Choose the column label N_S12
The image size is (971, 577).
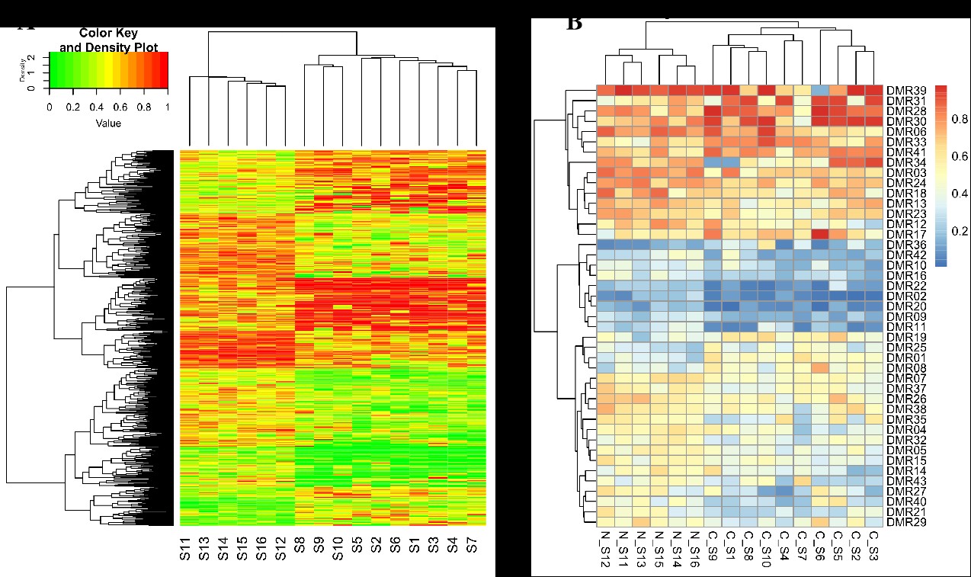(604, 551)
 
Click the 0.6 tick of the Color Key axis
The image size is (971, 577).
(120, 107)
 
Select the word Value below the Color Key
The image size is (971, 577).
(107, 122)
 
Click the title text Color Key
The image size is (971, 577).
(107, 34)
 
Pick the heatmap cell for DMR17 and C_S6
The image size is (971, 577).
(820, 234)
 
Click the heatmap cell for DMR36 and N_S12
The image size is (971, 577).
(605, 245)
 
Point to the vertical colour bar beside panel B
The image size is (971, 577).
(941, 175)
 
